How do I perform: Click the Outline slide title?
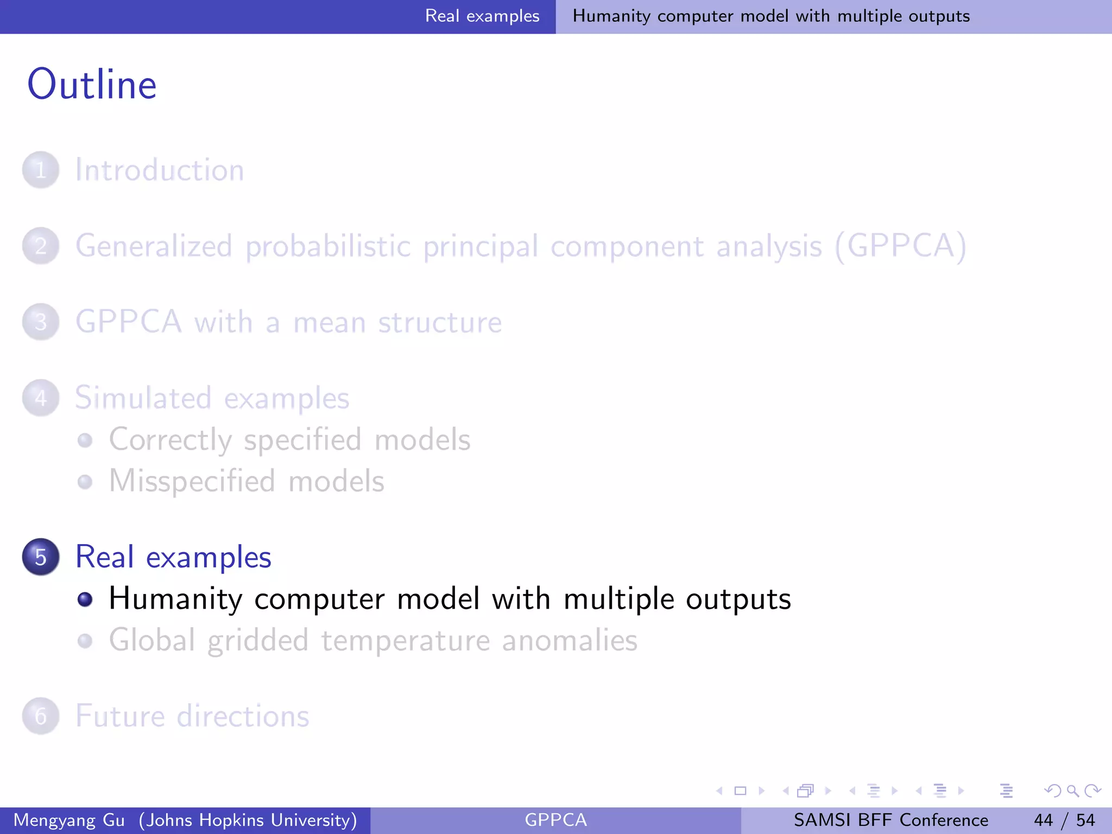92,85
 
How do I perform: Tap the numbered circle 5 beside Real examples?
41,557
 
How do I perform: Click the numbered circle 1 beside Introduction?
41,170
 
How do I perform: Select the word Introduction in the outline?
160,170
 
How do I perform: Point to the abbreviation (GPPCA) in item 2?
901,246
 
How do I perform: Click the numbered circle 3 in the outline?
41,322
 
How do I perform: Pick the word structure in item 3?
440,323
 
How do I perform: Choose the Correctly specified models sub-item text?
289,439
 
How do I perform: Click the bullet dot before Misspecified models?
85,482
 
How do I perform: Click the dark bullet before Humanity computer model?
85,599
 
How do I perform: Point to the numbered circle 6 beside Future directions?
41,716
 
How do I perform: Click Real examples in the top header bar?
482,16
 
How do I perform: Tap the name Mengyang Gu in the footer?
69,820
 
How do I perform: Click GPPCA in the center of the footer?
555,820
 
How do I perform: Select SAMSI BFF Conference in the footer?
890,820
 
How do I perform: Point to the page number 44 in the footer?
1043,820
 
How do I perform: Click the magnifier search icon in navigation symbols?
1072,791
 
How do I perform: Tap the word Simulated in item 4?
143,398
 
